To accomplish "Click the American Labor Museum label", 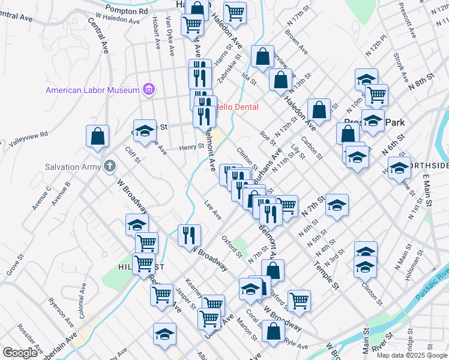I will point(93,91).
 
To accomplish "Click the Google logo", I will point(20,352).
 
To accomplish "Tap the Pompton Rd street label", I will point(126,11).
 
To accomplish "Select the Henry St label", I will point(192,147).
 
